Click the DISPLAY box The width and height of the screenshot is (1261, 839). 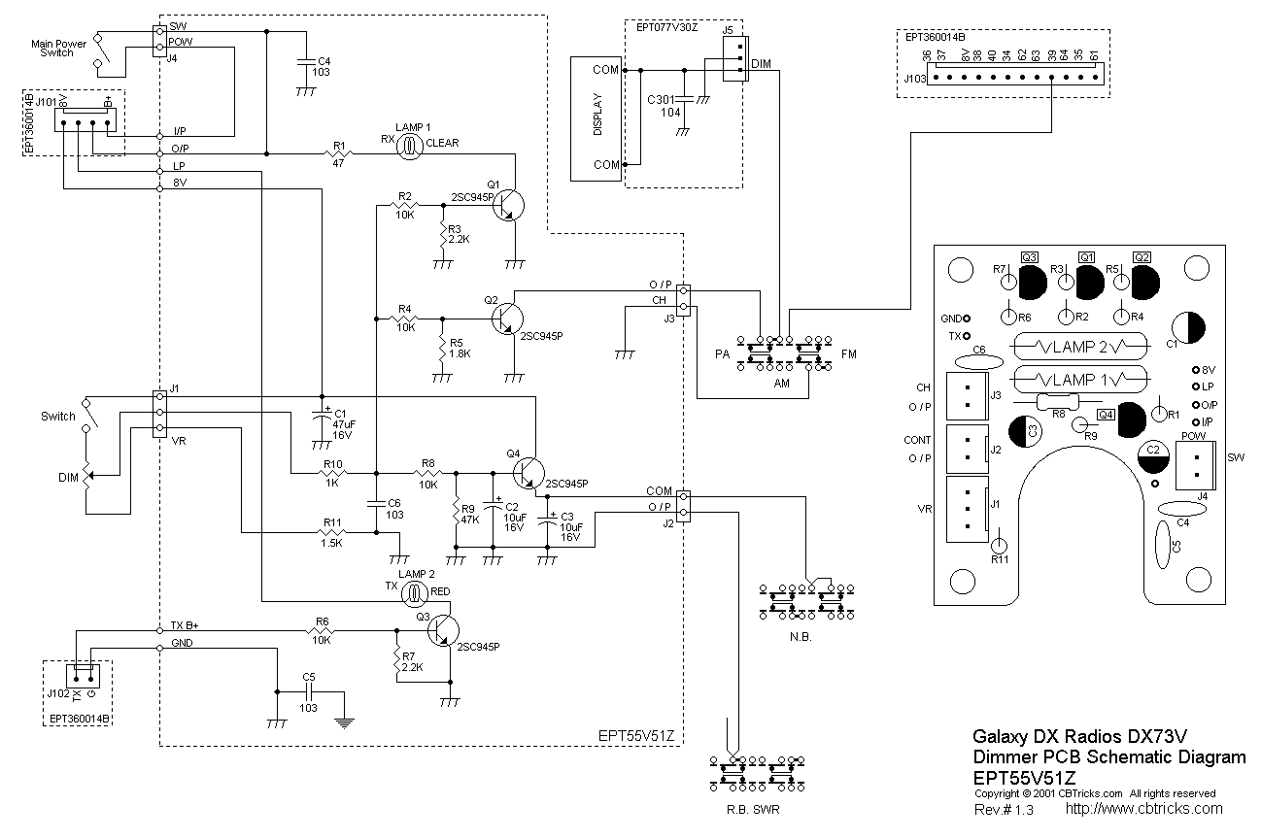click(596, 118)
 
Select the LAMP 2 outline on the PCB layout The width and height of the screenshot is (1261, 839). click(1075, 346)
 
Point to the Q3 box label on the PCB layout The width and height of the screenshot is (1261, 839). click(1029, 257)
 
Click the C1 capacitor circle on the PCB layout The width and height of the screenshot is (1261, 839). click(1190, 328)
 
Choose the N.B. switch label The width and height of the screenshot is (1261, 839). click(801, 637)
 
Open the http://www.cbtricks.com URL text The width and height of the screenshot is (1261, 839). click(1143, 808)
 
